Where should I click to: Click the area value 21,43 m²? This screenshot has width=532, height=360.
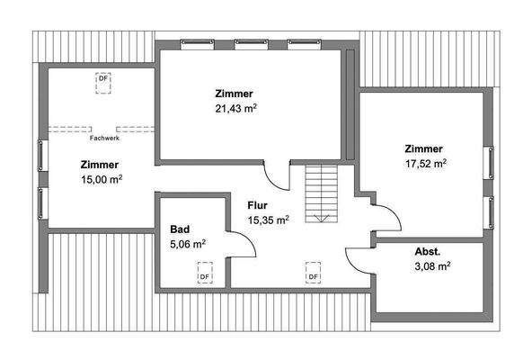(x=234, y=108)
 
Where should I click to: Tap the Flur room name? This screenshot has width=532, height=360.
(x=259, y=204)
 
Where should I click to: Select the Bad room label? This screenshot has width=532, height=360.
(x=180, y=229)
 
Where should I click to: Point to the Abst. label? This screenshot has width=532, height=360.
(x=427, y=252)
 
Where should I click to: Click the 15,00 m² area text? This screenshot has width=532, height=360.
(x=102, y=179)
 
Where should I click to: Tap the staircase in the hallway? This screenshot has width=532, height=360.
(x=320, y=193)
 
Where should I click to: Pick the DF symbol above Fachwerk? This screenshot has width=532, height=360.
(x=103, y=80)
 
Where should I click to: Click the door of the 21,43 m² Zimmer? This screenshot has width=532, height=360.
(x=279, y=176)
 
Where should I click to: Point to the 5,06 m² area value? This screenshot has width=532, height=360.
(x=188, y=243)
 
